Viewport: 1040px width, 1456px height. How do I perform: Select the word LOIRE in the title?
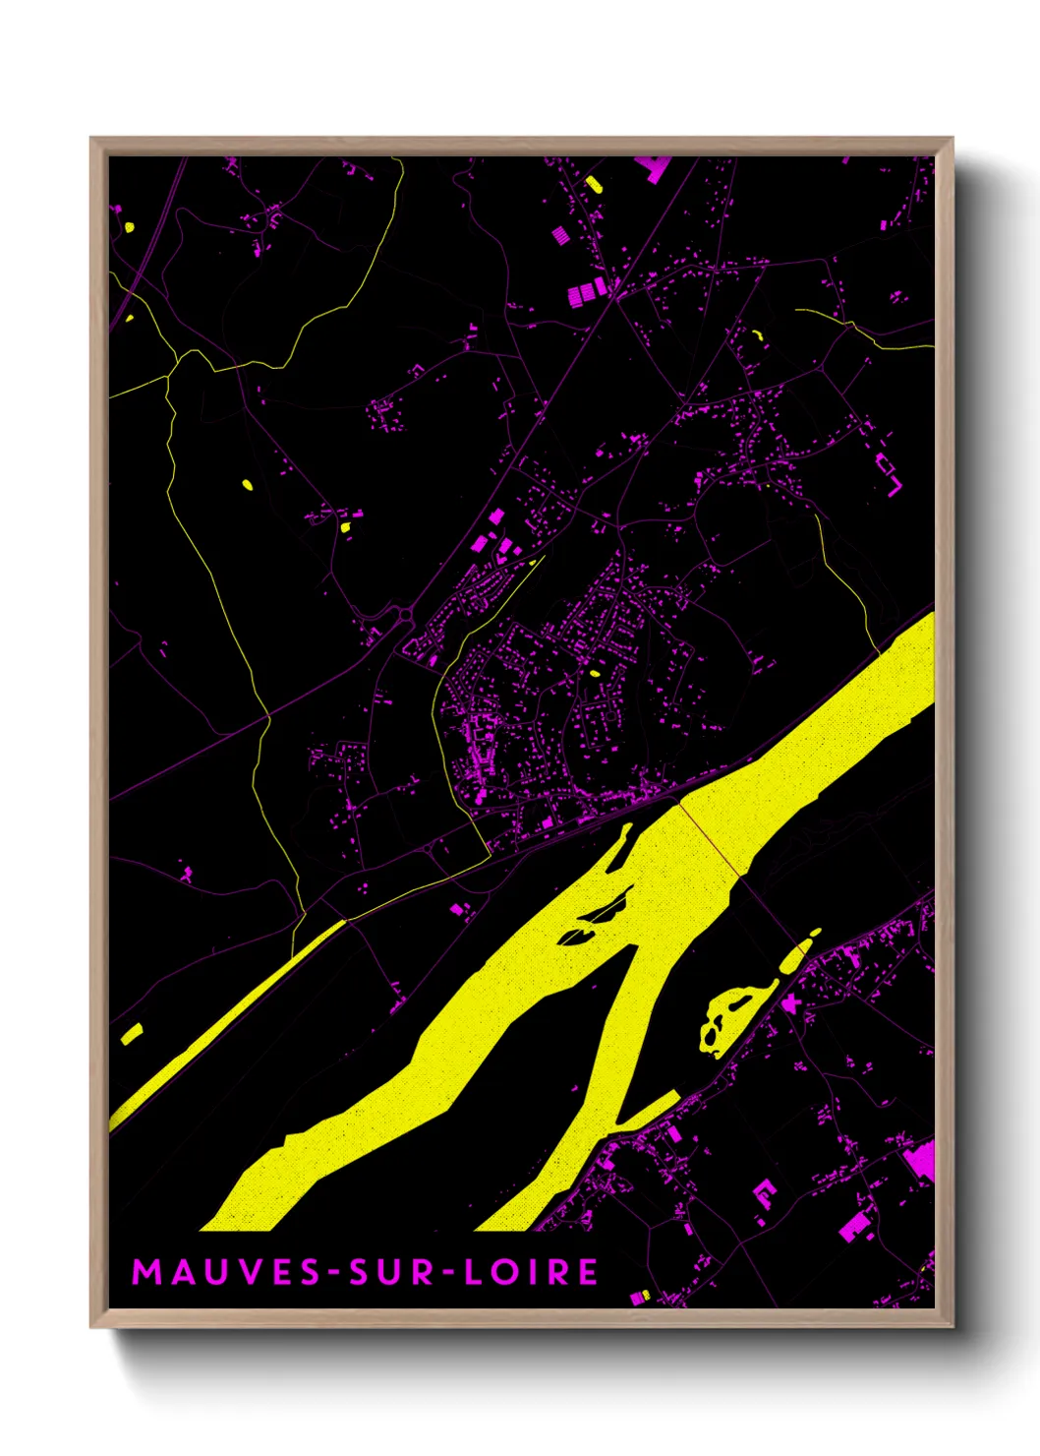531,1271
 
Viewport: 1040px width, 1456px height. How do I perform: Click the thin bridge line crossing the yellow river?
710,839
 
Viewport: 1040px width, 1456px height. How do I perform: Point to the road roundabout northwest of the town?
406,617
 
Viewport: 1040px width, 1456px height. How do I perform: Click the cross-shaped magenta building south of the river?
789,1002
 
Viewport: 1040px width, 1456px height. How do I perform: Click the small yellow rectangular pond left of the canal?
132,1033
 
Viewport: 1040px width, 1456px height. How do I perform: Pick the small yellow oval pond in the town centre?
594,674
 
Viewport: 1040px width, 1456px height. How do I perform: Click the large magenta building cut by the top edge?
655,168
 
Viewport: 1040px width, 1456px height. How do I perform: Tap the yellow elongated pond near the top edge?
593,183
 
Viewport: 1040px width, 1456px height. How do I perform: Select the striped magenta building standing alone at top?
559,236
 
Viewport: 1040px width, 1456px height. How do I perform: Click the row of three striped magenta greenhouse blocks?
588,291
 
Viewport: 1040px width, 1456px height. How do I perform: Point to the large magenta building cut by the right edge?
920,1161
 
